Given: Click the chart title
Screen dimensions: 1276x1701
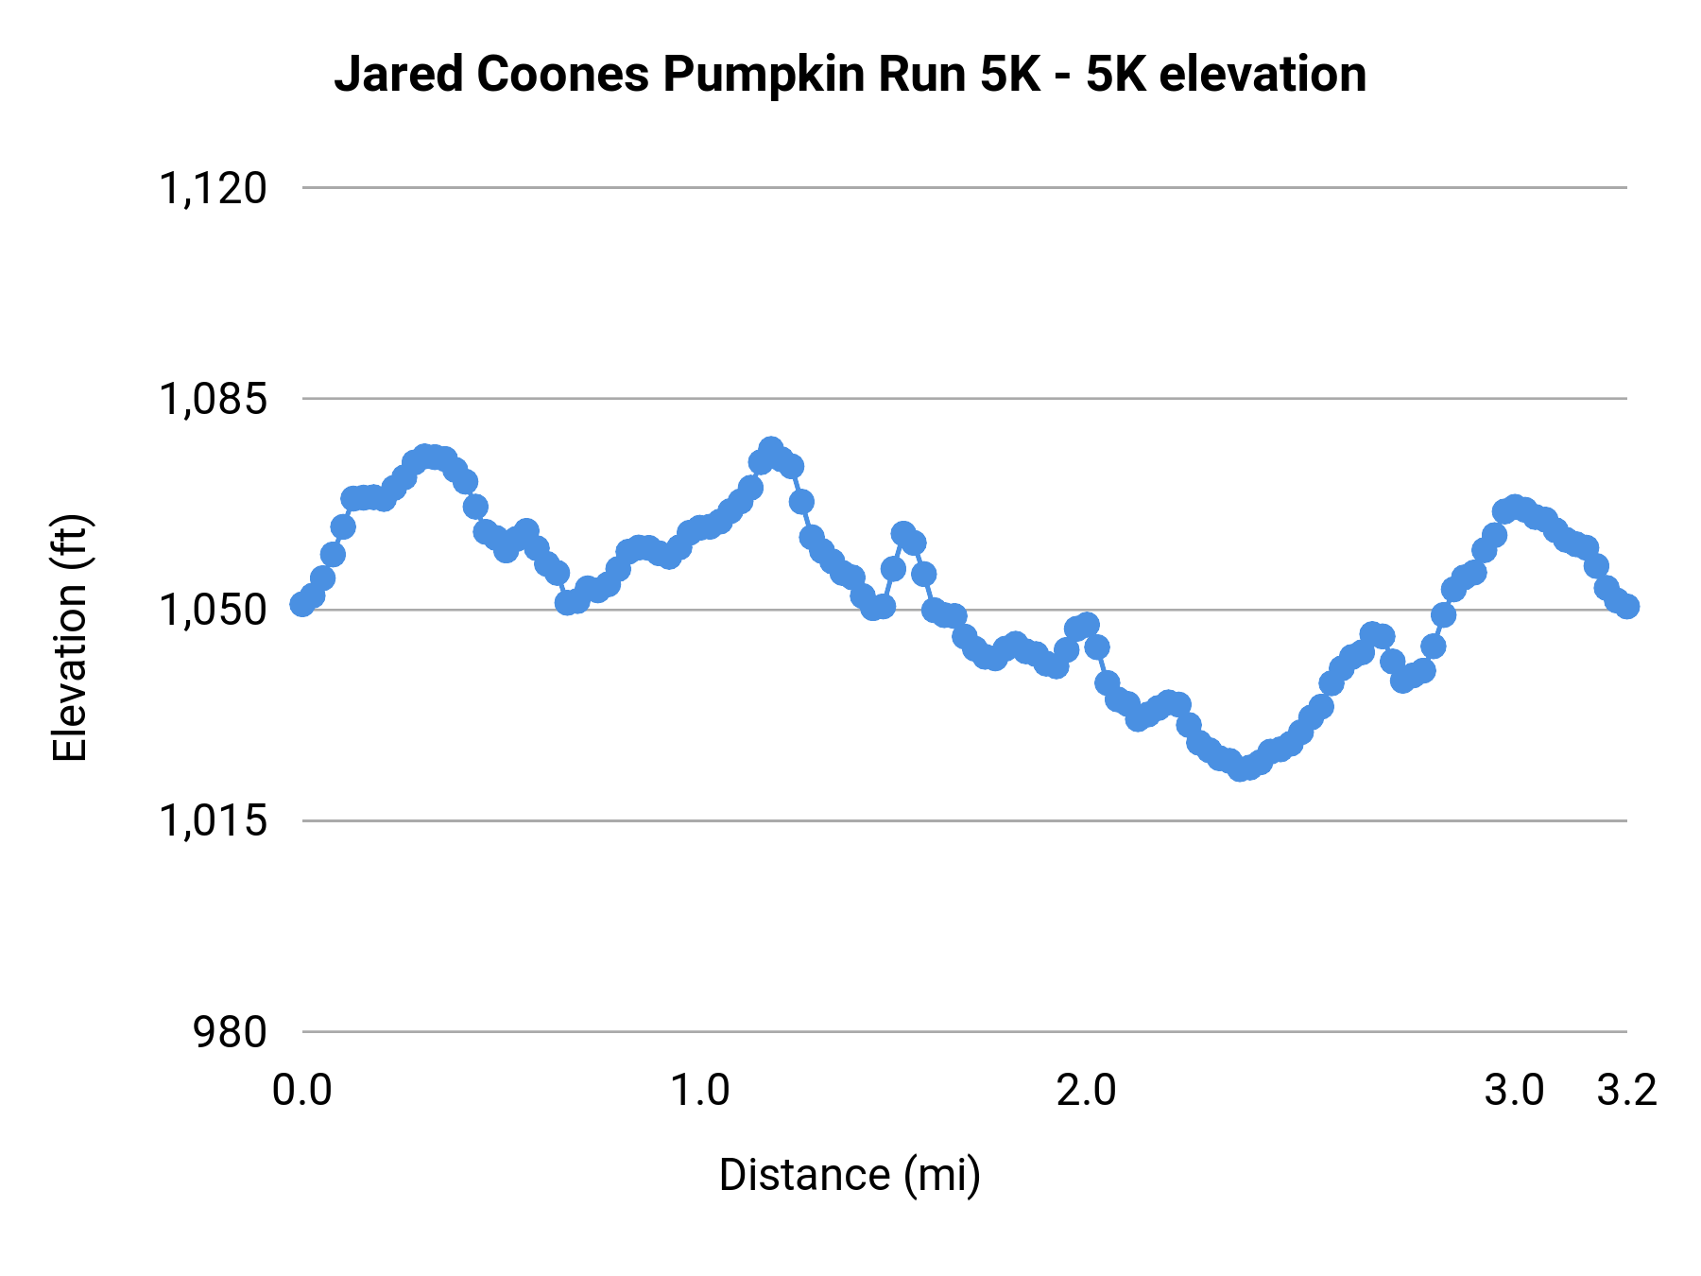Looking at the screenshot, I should click(x=850, y=75).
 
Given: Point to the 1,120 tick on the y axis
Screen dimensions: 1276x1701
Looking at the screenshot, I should click(x=213, y=188).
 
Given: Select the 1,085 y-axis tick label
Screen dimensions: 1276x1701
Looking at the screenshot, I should click(x=213, y=399).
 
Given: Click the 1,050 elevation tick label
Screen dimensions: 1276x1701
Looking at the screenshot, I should click(x=213, y=610).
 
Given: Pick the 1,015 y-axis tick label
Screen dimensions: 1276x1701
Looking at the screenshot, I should click(x=213, y=820).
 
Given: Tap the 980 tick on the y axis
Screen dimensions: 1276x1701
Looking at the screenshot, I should click(x=230, y=1031).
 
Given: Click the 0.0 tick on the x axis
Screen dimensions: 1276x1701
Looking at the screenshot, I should click(x=301, y=1091).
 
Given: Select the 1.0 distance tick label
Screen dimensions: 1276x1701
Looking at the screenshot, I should click(x=699, y=1091).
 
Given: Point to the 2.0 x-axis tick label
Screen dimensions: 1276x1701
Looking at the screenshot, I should click(x=1086, y=1091).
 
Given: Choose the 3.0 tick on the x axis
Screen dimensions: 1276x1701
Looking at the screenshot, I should click(x=1514, y=1091).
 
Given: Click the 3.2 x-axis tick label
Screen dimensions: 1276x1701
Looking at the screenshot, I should click(x=1627, y=1091).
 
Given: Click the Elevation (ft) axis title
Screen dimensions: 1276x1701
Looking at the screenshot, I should click(x=70, y=638).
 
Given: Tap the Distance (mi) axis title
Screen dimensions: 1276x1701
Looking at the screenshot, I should click(x=850, y=1175).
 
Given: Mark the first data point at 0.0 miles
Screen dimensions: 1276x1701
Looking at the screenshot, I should click(x=302, y=604).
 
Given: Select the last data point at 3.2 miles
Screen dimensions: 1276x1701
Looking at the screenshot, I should click(x=1627, y=606).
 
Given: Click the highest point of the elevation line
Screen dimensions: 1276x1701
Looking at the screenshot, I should click(x=771, y=448).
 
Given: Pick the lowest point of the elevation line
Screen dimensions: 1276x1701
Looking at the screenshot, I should click(x=1239, y=769).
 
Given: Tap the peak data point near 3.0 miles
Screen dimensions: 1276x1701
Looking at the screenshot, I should click(x=1515, y=507).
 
